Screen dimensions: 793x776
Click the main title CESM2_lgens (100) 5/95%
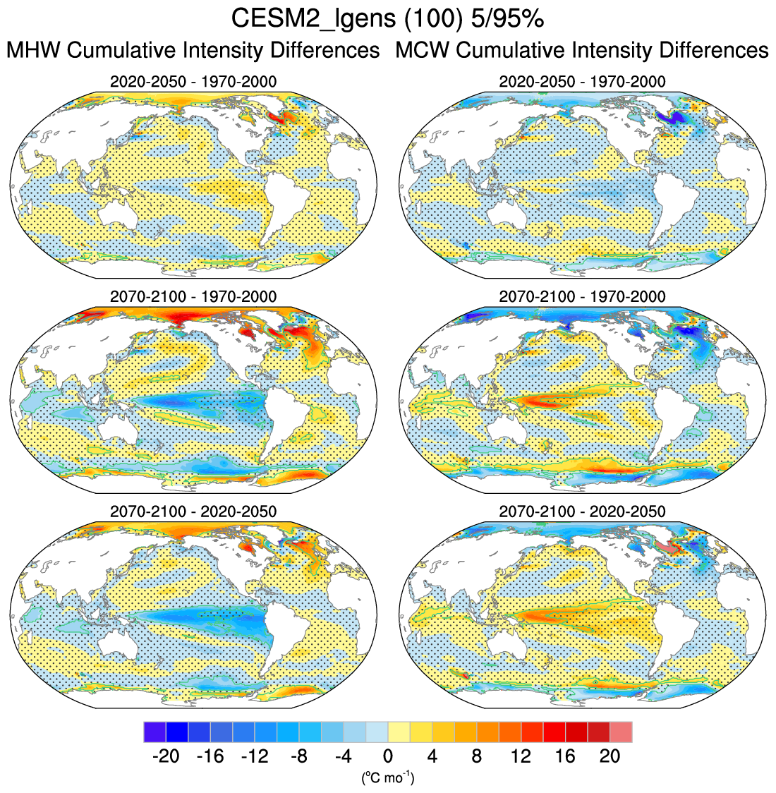(x=387, y=19)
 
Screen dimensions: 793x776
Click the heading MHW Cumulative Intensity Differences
(x=193, y=51)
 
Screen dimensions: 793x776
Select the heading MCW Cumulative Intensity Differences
(x=582, y=51)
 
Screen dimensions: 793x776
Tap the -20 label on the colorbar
(x=166, y=756)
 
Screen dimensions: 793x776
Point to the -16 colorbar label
(x=210, y=756)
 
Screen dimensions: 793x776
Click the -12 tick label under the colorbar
(x=254, y=756)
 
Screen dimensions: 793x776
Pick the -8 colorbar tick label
(x=298, y=756)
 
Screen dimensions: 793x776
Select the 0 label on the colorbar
(x=388, y=756)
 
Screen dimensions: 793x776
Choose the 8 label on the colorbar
(x=477, y=756)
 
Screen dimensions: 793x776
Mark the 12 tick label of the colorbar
(x=521, y=756)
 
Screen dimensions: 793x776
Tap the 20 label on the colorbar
(x=610, y=756)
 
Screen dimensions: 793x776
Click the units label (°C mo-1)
(x=388, y=778)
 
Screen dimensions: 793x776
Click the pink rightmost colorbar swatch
(x=621, y=732)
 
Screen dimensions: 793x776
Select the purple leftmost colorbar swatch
(x=154, y=732)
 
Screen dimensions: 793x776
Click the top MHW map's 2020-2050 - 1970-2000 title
(x=193, y=82)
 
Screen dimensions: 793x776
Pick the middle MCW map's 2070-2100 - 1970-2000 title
(x=582, y=296)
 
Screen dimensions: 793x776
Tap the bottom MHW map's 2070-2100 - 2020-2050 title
(x=193, y=511)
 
